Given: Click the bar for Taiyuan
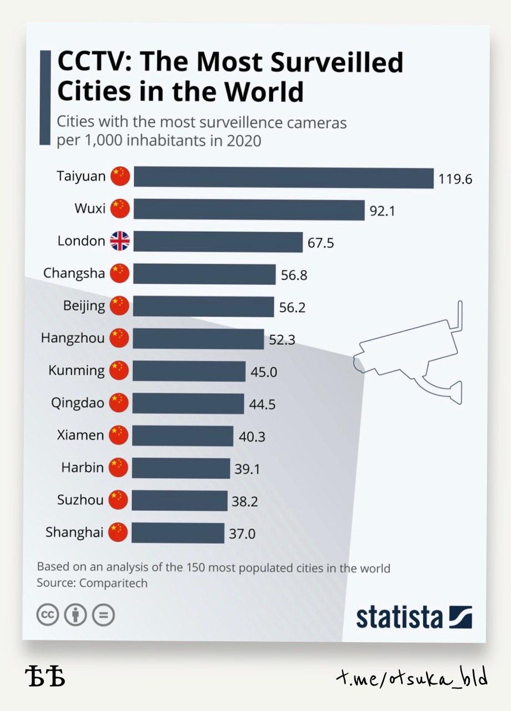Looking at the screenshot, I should (283, 177).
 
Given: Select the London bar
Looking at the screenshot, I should (218, 242).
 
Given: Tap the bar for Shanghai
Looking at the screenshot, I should (178, 533).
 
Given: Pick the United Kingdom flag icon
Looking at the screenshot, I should (119, 241).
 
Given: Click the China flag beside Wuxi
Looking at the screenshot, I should (120, 209).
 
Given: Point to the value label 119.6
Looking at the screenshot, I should (455, 179).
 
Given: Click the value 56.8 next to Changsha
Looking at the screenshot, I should (294, 275).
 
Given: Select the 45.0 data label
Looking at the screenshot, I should (263, 372).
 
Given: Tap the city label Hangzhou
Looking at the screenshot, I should (73, 338).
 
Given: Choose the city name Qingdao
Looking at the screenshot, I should (78, 403).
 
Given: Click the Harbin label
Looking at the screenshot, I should (82, 467).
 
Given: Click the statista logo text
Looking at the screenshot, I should (399, 617).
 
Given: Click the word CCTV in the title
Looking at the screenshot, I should (92, 63).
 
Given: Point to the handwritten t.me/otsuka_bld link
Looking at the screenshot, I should (412, 678).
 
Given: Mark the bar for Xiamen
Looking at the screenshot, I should (183, 436).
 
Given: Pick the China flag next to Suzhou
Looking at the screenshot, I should (118, 500).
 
